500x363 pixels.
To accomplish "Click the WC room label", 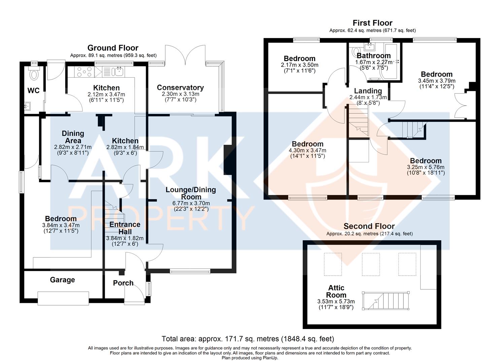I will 33,90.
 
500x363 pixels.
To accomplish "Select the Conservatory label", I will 180,88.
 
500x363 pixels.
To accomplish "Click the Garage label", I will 62,280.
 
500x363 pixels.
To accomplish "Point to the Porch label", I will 123,283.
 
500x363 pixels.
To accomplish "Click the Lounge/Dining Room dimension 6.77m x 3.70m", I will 191,203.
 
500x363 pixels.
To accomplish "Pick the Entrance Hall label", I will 125,228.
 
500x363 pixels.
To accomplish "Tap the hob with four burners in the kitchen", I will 82,72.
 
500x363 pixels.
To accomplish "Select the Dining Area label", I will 73,137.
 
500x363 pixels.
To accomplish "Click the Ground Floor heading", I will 113,48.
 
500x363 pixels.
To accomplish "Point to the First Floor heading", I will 372,23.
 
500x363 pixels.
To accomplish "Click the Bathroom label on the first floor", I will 374,55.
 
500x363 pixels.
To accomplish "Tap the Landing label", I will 368,91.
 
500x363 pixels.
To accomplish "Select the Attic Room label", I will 336,291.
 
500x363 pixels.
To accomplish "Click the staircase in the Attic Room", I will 387,300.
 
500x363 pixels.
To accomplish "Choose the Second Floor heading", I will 369,226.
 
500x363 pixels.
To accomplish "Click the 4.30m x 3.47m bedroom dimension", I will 307,151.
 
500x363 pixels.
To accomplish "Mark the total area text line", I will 248,339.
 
